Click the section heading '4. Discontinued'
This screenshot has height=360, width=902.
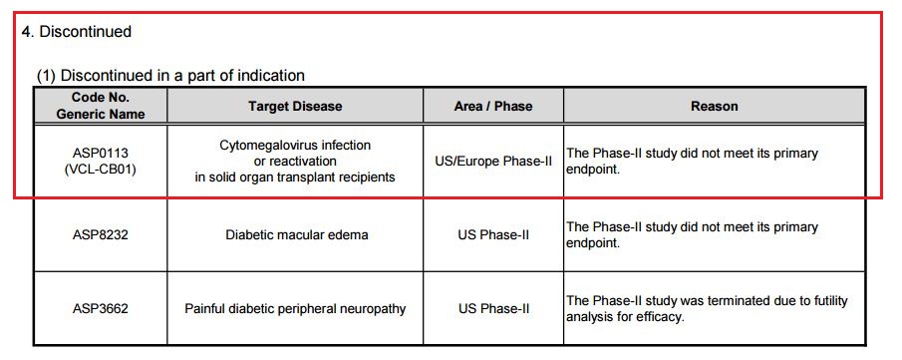point(77,31)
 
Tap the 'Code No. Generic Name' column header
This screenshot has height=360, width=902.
point(101,106)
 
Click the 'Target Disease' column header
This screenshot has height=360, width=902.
point(295,106)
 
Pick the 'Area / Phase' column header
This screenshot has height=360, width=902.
point(493,106)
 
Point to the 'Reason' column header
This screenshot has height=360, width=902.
point(715,106)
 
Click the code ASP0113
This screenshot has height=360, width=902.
point(101,154)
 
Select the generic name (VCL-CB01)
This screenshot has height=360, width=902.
point(101,170)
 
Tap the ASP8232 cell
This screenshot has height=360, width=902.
point(101,235)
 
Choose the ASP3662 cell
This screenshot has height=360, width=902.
point(101,309)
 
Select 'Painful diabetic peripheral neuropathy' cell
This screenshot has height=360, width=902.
point(295,309)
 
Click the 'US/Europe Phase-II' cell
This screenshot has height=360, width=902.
point(493,162)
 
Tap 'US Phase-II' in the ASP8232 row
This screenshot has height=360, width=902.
point(493,235)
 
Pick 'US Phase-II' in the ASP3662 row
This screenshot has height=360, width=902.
point(493,309)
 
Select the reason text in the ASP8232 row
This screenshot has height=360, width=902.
point(692,235)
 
